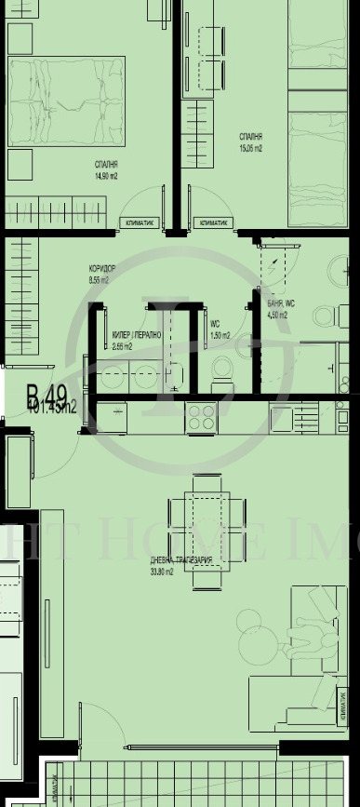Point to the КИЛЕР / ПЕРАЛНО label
coord(137,334)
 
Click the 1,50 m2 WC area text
coord(220,336)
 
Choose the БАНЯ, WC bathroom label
coord(281,304)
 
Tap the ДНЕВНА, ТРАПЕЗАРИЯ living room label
coord(181,559)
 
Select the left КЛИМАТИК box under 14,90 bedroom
coord(142,223)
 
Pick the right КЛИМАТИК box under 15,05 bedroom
coord(213,223)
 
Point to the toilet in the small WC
coord(220,376)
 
